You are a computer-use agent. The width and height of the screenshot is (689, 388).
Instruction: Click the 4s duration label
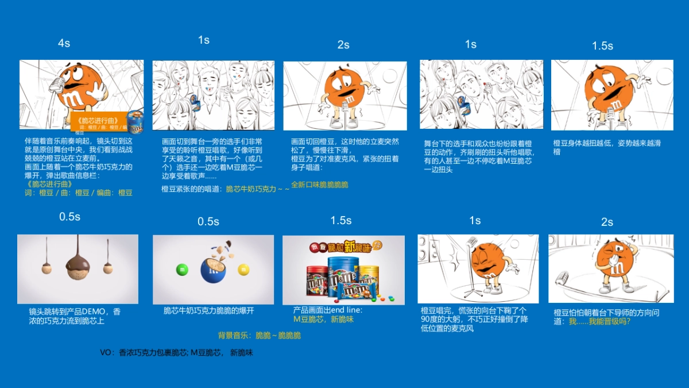(x=64, y=44)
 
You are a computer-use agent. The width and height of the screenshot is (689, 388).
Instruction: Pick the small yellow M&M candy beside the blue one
(x=243, y=268)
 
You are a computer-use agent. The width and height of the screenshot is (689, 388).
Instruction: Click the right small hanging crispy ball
(x=107, y=267)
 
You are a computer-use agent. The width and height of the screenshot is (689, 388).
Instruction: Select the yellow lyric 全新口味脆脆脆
(x=319, y=185)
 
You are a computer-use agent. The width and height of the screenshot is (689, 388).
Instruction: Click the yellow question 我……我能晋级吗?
(x=599, y=321)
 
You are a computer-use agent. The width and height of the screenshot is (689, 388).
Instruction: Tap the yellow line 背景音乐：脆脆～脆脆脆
(x=259, y=335)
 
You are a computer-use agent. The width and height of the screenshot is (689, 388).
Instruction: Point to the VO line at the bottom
(x=176, y=353)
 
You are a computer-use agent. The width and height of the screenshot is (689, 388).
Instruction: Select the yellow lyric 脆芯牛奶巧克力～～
(x=257, y=189)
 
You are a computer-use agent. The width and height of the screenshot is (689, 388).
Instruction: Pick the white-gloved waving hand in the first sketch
(x=98, y=89)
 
